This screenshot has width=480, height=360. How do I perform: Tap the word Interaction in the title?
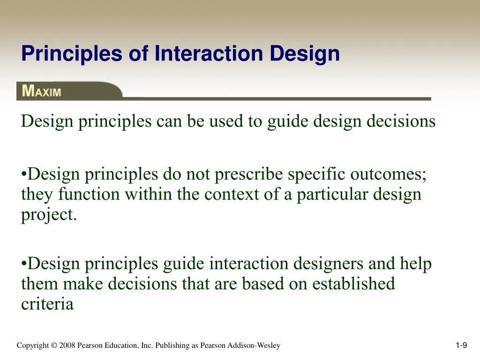(209, 53)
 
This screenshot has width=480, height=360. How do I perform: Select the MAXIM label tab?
(69, 91)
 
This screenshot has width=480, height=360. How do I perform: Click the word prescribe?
(248, 175)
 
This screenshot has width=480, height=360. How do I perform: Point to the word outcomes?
(388, 174)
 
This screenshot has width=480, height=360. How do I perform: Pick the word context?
(232, 194)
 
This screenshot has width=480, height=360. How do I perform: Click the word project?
(49, 215)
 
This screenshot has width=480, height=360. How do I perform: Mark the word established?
(353, 284)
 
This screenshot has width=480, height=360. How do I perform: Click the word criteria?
(47, 304)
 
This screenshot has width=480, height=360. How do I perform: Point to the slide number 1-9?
(461, 345)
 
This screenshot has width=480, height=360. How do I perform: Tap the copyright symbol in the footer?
(54, 345)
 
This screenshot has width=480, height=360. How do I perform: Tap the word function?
(89, 194)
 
